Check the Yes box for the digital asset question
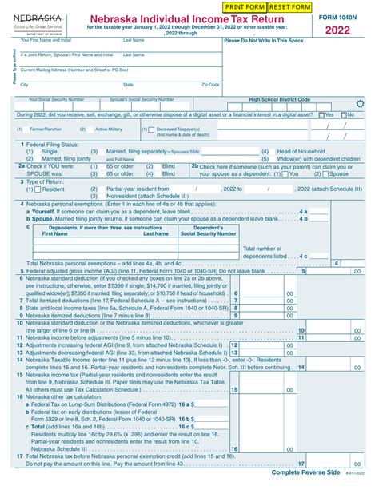(319, 114)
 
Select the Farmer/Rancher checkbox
(21, 129)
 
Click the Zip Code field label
(210, 84)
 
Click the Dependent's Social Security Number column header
(209, 231)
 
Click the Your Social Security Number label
(56, 99)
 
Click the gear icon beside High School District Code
(359, 101)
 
